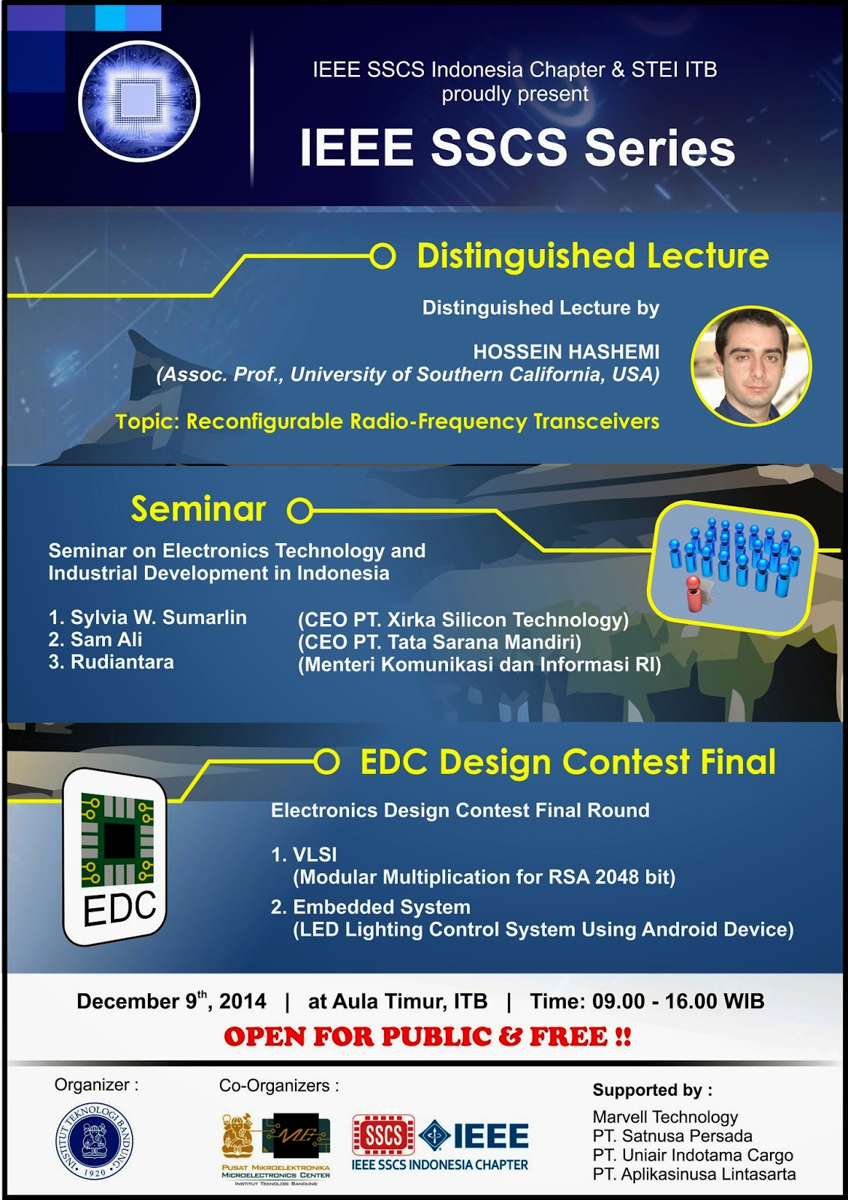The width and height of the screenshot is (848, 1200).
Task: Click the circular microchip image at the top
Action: [139, 101]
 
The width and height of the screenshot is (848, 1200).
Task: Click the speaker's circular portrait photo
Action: [751, 367]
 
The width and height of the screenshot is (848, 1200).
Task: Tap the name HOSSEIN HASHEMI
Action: [566, 352]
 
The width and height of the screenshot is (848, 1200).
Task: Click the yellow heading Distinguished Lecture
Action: [593, 256]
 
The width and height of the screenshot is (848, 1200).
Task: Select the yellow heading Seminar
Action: [198, 508]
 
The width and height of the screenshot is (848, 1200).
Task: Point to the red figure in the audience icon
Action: [693, 593]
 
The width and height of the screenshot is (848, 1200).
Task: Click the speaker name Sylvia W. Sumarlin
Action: [158, 617]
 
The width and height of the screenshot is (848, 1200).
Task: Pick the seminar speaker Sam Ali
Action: [107, 639]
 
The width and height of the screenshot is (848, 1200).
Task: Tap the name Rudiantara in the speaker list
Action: [122, 662]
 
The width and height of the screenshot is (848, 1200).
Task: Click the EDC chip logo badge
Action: [115, 857]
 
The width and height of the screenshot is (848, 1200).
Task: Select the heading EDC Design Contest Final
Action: [568, 762]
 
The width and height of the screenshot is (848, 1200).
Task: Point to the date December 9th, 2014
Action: [172, 1000]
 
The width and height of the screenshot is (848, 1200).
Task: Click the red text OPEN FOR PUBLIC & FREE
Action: [427, 1036]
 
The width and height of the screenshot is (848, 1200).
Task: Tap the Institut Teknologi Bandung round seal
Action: [95, 1141]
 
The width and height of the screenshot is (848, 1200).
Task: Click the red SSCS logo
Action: [383, 1135]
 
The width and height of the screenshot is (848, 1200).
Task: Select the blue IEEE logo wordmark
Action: [491, 1135]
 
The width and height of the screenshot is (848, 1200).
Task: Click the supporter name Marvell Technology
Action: [665, 1117]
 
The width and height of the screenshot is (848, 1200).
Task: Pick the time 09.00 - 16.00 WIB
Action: [678, 1000]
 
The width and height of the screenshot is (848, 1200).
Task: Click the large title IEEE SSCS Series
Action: [517, 147]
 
